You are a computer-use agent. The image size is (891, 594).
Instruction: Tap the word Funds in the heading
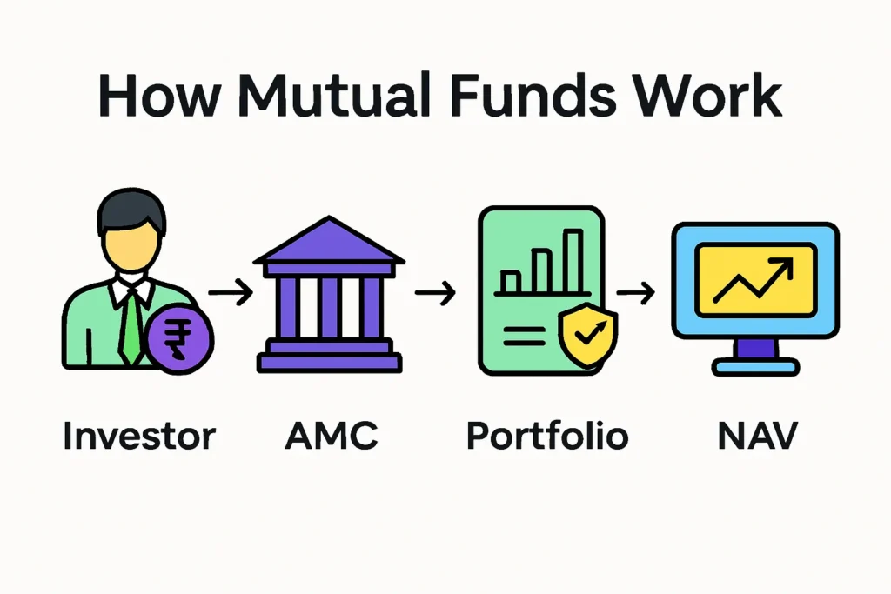[x=533, y=95]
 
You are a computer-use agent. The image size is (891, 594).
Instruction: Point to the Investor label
[x=139, y=436]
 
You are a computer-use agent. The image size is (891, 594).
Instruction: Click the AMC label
[x=332, y=436]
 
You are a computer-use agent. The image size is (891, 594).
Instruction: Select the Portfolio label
[x=547, y=436]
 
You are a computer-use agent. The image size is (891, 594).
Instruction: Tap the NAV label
[x=758, y=436]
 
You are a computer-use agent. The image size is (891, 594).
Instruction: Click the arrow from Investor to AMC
[x=230, y=292]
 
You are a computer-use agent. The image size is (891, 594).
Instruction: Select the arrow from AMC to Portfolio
[x=435, y=292]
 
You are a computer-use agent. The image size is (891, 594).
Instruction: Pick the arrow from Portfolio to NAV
[x=635, y=292]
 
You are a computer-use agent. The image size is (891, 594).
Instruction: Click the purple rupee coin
[x=179, y=338]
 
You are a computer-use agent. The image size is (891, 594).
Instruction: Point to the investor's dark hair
[x=131, y=209]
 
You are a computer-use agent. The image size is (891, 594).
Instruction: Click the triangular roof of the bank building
[x=329, y=242]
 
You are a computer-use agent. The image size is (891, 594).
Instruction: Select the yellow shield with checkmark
[x=587, y=335]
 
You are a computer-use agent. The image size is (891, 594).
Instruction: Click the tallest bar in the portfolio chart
[x=573, y=261]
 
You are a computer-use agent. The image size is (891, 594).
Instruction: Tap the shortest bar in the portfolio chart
[x=510, y=282]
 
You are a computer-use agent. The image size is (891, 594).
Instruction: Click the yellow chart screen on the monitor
[x=756, y=279]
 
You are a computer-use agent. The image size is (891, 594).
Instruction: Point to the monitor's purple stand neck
[x=756, y=348]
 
